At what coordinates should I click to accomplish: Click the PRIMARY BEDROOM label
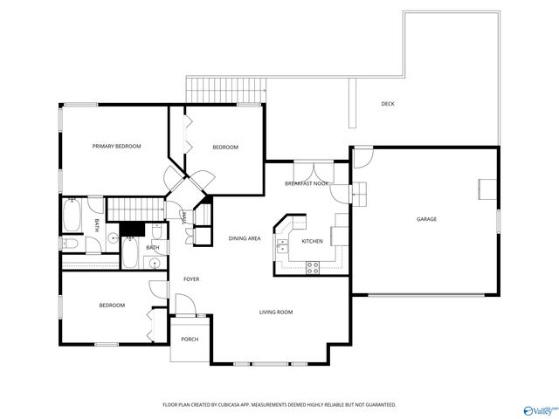pos(116,147)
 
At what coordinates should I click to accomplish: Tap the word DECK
pos(388,104)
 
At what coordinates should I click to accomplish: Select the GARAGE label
pos(426,219)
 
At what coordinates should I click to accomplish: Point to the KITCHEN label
pos(312,241)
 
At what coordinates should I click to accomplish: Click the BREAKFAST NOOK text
pos(307,184)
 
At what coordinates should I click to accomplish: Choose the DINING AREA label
pos(245,238)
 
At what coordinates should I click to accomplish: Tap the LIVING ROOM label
pos(275,312)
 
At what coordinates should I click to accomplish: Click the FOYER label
pos(191,279)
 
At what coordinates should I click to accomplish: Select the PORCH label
pos(190,340)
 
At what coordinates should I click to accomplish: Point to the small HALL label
pos(183,218)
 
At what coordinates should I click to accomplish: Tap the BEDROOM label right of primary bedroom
pos(225,148)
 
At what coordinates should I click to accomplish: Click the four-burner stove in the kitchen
pos(312,268)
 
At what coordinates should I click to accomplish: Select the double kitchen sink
pos(282,248)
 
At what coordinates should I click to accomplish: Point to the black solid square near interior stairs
pos(131,229)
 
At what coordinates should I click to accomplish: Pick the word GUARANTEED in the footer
pos(377,405)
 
